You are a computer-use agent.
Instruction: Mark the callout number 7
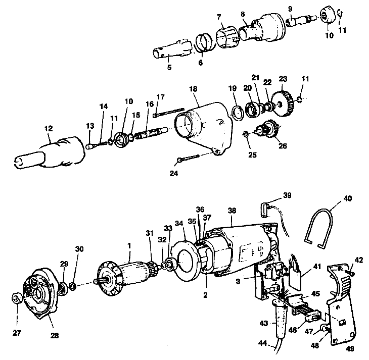point(219,17)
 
